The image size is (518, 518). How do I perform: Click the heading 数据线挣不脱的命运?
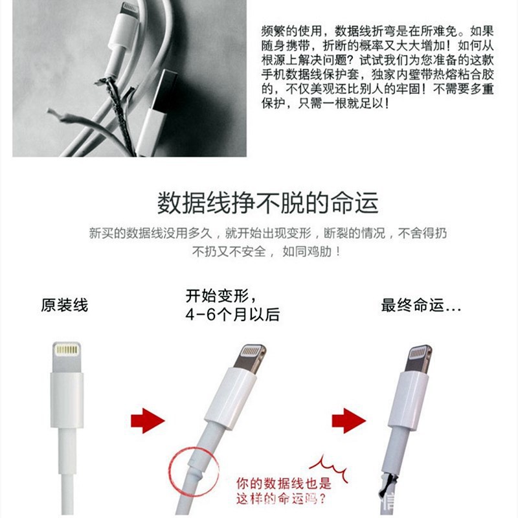tap(267, 203)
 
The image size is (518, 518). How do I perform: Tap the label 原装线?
tap(64, 304)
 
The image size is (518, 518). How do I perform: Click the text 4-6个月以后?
tap(232, 314)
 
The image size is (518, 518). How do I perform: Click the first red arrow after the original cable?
tap(148, 420)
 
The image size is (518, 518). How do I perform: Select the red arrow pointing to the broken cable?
tap(348, 420)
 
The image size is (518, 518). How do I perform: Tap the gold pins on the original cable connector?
tap(67, 350)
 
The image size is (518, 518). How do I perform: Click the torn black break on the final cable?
tap(387, 483)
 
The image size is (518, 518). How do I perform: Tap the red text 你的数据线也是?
tap(284, 484)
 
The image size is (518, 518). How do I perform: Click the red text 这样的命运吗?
tap(281, 498)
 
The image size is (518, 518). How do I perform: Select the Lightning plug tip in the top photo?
tap(129, 10)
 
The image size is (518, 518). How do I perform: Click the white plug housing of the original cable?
tap(67, 400)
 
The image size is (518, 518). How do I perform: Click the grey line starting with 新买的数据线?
tap(267, 233)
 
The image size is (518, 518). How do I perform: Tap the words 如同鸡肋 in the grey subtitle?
tap(307, 252)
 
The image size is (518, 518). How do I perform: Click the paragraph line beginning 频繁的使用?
tap(377, 31)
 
